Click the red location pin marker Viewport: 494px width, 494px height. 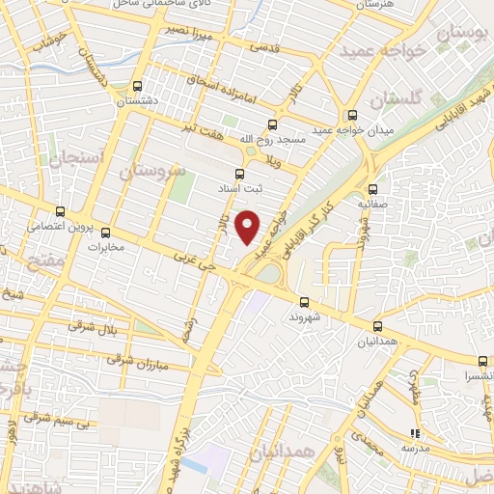click(249, 226)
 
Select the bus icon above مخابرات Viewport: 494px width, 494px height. click(106, 233)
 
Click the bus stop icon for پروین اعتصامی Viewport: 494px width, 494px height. click(60, 212)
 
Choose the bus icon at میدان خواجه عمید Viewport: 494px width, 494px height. click(353, 115)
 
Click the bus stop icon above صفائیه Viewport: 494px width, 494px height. click(371, 188)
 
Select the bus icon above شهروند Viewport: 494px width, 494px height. click(304, 302)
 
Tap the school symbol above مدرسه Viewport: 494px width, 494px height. click(416, 435)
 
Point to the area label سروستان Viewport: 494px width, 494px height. click(152, 171)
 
